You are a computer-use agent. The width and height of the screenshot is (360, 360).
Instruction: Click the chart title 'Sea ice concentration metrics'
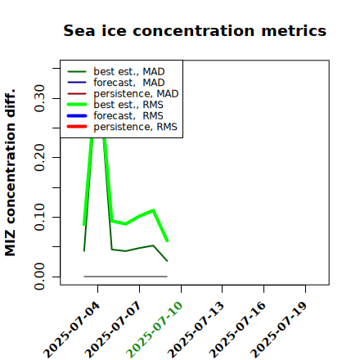click(195, 30)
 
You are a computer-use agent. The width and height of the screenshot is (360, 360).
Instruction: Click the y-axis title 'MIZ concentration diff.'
click(10, 173)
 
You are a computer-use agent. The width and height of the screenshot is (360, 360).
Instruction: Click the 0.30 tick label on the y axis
click(39, 98)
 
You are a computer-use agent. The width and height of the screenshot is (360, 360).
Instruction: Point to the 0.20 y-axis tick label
click(39, 158)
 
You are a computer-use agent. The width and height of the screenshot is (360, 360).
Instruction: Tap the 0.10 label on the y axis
click(39, 217)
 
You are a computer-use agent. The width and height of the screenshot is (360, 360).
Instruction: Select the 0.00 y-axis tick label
click(39, 277)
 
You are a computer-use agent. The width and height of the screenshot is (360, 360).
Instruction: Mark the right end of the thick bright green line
click(167, 241)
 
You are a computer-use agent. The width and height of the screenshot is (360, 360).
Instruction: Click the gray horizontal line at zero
click(125, 277)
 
